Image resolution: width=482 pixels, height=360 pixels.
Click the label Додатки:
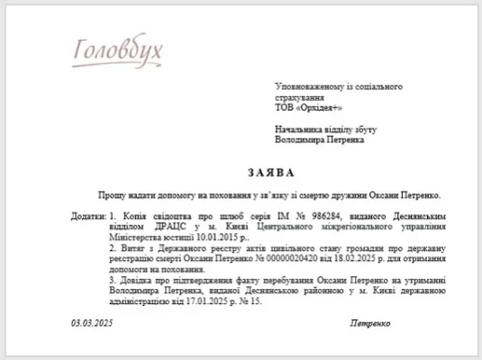[88, 217]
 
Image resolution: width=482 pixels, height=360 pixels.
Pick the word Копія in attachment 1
[131, 217]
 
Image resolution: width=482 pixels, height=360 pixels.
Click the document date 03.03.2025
[92, 322]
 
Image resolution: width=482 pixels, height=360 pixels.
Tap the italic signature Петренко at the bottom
[372, 322]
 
